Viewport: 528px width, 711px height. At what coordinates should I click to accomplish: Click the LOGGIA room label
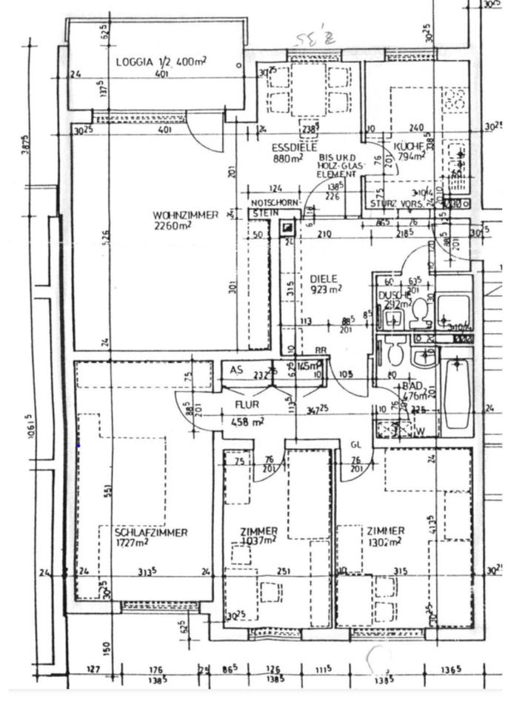[134, 62]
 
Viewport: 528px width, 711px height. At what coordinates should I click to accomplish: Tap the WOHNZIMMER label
[186, 215]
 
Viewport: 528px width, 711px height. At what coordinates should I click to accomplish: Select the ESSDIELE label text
[290, 147]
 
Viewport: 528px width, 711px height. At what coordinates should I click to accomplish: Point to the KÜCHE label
[410, 146]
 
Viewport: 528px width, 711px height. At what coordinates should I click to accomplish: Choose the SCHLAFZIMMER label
[151, 533]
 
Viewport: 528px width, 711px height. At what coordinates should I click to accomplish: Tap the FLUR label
[246, 404]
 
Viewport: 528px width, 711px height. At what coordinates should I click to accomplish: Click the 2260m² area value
[173, 226]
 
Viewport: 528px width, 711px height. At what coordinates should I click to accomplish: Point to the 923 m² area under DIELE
[326, 289]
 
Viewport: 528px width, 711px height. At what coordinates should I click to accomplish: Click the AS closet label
[236, 370]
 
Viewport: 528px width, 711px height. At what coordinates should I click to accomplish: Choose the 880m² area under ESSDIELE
[287, 158]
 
